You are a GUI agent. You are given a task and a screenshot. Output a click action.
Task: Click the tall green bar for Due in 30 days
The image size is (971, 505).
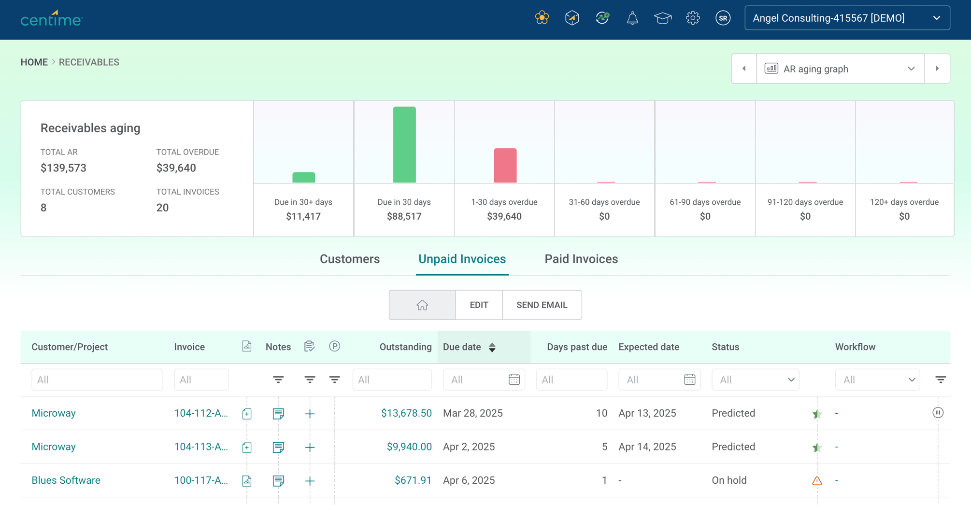404,145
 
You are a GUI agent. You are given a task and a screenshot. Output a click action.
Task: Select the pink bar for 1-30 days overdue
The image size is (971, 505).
505,166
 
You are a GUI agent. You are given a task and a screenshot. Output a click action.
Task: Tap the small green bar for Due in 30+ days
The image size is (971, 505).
303,178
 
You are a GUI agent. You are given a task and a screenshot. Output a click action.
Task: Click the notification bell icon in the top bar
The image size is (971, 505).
632,18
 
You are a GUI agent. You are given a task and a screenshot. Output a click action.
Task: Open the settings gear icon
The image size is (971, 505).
693,18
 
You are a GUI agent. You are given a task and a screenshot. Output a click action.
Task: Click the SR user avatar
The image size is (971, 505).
723,18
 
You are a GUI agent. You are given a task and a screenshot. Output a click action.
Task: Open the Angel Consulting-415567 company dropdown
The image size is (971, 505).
847,18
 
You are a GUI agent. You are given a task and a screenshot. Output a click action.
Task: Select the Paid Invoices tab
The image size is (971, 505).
581,259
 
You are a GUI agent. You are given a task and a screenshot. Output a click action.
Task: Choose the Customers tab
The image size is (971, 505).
350,259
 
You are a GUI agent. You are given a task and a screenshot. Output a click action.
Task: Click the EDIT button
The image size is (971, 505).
479,305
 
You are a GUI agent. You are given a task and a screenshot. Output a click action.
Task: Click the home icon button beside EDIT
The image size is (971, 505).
422,305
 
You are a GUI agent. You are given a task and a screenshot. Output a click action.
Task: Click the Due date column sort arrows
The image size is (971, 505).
492,347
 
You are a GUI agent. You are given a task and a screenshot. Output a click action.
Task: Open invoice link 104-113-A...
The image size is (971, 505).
200,447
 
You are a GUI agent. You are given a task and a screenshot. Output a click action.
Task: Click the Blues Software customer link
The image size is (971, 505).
66,480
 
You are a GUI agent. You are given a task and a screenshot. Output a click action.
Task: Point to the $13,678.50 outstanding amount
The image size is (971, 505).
406,413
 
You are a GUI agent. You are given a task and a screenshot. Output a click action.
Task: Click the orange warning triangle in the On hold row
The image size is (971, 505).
817,481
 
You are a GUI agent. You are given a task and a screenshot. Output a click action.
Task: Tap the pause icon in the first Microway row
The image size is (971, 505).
938,413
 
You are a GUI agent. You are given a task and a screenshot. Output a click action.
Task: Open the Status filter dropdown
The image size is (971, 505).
755,380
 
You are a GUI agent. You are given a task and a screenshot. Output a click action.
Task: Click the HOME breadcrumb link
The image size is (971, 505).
34,62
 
